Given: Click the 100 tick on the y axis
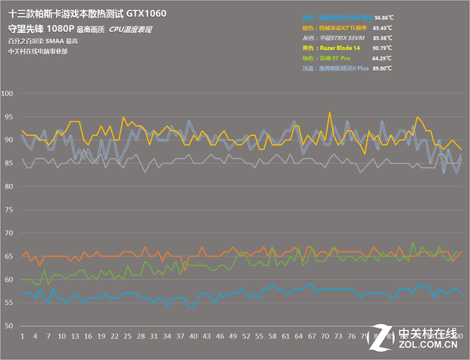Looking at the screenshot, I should [x=9, y=94].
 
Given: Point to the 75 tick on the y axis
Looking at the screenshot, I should [x=9, y=210].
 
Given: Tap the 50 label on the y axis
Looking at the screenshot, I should [x=9, y=326].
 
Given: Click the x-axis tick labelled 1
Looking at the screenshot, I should [x=23, y=336].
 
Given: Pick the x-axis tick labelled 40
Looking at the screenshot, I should [x=193, y=336].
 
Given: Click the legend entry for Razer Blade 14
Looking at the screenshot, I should [x=344, y=46].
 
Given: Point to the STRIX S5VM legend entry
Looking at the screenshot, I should [x=344, y=36].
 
